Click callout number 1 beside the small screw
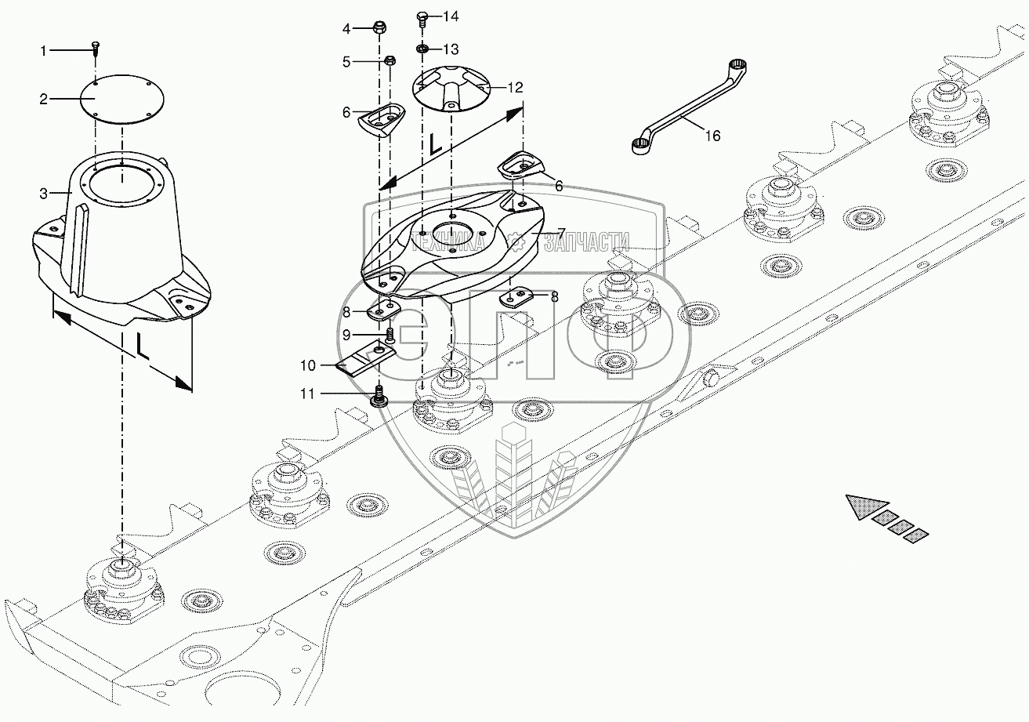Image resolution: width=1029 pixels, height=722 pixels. click(45, 51)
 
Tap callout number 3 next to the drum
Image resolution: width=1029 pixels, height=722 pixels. click(45, 193)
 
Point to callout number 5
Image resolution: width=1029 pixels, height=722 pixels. click(347, 61)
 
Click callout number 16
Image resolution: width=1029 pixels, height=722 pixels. click(712, 136)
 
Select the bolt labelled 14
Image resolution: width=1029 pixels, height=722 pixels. click(422, 16)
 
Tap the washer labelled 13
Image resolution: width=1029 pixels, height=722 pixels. click(422, 49)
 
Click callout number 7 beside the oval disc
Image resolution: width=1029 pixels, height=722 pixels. click(561, 234)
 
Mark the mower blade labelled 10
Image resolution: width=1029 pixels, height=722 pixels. click(365, 361)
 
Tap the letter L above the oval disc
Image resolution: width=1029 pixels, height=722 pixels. click(434, 143)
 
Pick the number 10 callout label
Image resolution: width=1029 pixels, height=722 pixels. click(307, 365)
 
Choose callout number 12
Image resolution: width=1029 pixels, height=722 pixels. click(514, 88)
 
